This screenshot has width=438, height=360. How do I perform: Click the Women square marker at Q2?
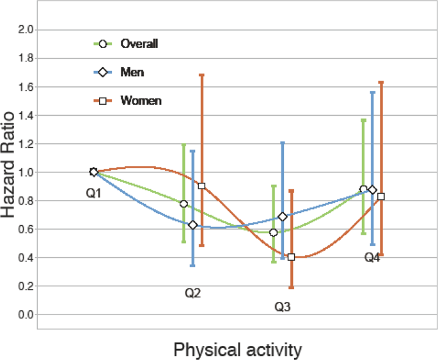coord(201,186)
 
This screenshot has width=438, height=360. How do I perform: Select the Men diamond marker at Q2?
coord(192,225)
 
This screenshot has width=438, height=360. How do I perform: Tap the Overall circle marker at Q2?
coord(184,204)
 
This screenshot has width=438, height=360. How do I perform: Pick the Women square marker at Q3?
coord(291,257)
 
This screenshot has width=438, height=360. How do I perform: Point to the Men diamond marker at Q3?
coord(283,217)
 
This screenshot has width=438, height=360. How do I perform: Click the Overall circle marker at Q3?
coord(274,233)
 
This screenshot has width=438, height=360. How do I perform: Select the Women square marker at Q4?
coord(380,196)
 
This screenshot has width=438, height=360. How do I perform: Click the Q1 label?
coord(93,193)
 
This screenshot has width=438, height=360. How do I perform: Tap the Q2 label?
coord(192,293)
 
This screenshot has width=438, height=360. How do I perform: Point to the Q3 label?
coord(283,307)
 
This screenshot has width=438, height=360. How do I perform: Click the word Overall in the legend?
coord(139,44)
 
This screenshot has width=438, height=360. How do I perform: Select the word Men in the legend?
coord(132,72)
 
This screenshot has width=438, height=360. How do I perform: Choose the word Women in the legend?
coord(141,101)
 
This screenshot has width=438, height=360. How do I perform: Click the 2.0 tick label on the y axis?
coord(26,29)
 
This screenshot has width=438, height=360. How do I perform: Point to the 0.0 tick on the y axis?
coord(26,315)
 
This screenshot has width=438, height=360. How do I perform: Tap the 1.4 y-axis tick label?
coord(26,115)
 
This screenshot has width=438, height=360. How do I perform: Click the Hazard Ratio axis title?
coord(8,165)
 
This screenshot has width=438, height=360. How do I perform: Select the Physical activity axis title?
coord(238,350)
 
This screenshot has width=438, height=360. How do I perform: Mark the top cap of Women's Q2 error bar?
coord(201,75)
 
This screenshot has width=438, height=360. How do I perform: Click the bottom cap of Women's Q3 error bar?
coord(291,287)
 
